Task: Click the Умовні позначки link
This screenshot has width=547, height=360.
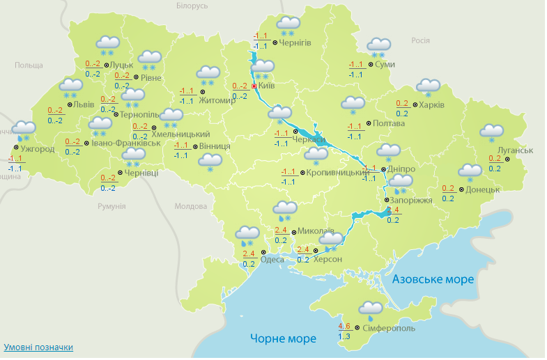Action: click(38, 347)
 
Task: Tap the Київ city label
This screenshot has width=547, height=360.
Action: click(267, 86)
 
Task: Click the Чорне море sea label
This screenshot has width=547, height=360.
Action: click(283, 339)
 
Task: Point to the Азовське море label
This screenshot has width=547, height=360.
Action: click(433, 279)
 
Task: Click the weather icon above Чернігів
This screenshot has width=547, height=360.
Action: click(288, 26)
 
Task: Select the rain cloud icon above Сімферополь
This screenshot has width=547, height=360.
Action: click(370, 309)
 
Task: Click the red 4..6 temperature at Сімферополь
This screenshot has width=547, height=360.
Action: click(344, 326)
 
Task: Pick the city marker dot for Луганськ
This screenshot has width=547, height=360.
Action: click(507, 159)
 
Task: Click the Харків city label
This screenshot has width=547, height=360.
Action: click(432, 105)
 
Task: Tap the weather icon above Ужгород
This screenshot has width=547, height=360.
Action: click(24, 130)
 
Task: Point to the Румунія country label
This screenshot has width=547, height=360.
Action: click(111, 207)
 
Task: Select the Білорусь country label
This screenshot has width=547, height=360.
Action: click(192, 6)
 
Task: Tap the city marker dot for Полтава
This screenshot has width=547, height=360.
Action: click(369, 123)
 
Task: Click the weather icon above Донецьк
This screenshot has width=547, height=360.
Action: click(470, 172)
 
